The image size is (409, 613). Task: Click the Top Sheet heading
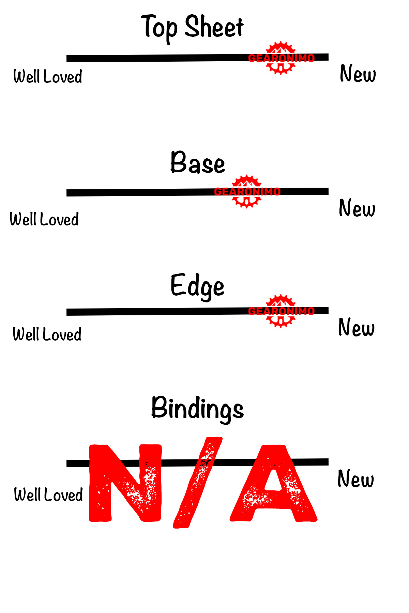point(193,28)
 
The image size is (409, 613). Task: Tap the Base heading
point(198,162)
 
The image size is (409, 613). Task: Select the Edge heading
point(197,287)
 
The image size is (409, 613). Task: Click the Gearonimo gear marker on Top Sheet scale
point(281,58)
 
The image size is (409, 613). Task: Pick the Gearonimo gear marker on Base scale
point(247,191)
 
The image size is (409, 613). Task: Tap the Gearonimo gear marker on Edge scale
point(281,311)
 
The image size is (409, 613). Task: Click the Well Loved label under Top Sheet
point(48,76)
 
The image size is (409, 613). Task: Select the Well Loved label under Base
point(44,219)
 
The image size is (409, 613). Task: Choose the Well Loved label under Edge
point(47,334)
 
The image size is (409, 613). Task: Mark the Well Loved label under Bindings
point(48,494)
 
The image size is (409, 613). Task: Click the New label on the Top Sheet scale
point(358,74)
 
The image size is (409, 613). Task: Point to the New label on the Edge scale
point(357,327)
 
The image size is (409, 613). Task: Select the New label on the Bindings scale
point(356,478)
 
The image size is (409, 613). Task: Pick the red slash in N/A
point(198,483)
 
